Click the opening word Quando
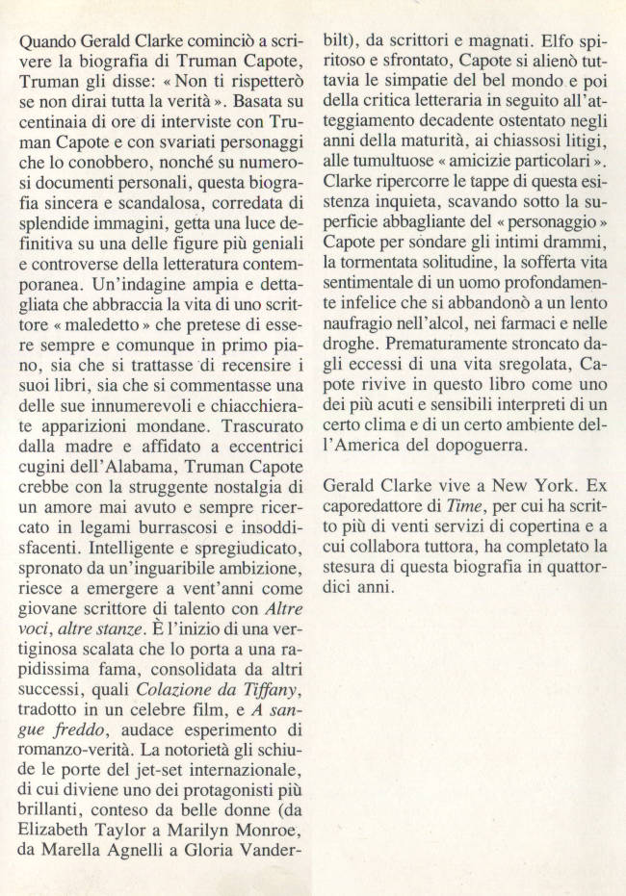pos(48,43)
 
